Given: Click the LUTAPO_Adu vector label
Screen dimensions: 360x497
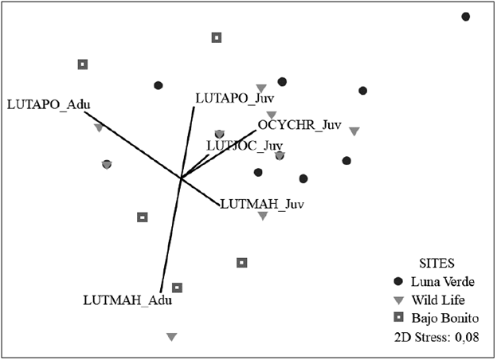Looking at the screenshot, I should pyautogui.click(x=49, y=104).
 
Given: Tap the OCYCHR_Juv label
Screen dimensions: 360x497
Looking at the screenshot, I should pyautogui.click(x=299, y=125).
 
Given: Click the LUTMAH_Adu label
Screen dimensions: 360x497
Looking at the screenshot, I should pyautogui.click(x=127, y=300).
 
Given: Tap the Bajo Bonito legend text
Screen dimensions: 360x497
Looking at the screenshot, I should pyautogui.click(x=442, y=319).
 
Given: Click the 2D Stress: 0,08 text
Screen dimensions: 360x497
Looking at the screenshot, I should pyautogui.click(x=436, y=337).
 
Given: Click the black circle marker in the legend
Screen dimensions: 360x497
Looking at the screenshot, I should pyautogui.click(x=398, y=281).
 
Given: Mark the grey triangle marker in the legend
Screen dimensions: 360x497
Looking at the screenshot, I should pyautogui.click(x=398, y=300).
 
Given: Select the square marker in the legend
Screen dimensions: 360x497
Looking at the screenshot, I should pyautogui.click(x=398, y=319).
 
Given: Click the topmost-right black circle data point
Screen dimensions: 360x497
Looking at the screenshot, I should pyautogui.click(x=466, y=17).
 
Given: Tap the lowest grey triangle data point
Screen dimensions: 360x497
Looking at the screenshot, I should pyautogui.click(x=171, y=338).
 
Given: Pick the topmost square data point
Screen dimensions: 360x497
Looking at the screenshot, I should pyautogui.click(x=217, y=37).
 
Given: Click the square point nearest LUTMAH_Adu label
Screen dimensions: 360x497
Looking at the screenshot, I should pyautogui.click(x=178, y=288).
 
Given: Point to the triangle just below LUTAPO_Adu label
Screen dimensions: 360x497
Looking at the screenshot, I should pyautogui.click(x=98, y=127).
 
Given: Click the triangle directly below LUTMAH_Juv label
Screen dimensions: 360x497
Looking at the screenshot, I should pyautogui.click(x=262, y=217).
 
